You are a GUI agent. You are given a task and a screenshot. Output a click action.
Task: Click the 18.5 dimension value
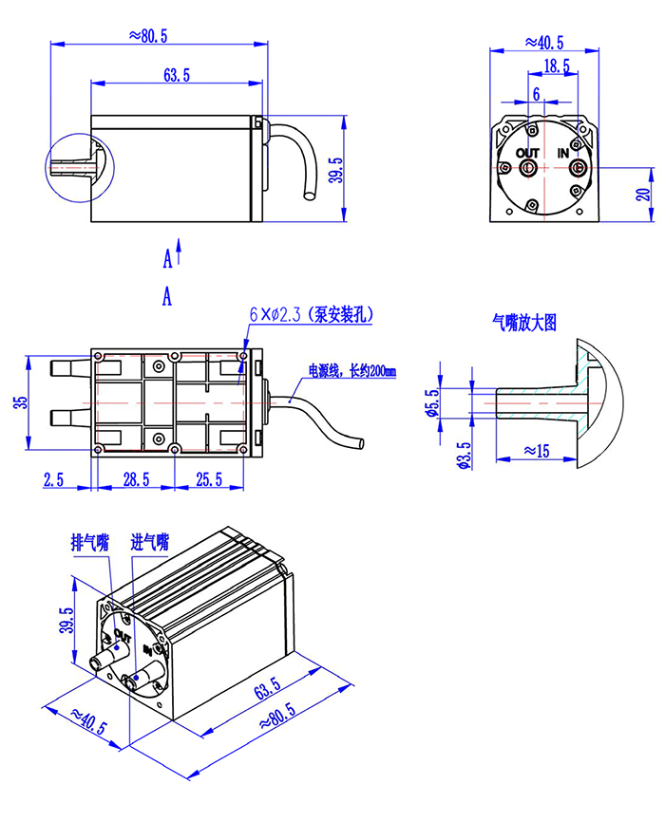[x=556, y=66]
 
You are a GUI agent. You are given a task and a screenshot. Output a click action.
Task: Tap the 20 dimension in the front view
[x=643, y=195]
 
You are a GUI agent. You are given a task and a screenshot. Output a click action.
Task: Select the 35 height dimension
[x=20, y=402]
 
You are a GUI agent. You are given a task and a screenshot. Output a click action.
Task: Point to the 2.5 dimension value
[x=53, y=479]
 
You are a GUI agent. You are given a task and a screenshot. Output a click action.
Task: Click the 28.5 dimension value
[x=136, y=479]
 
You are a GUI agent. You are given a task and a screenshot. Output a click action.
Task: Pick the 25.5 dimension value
[x=209, y=479]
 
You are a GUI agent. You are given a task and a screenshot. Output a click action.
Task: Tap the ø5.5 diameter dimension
[x=432, y=402]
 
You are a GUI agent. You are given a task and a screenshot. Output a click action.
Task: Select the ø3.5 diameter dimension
[x=465, y=455]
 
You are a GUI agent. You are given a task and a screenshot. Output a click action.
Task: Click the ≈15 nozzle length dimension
[x=537, y=450]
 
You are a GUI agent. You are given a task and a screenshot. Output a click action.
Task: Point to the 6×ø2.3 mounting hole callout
[x=311, y=315]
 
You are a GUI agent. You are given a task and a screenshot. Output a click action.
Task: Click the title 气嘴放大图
[x=524, y=323]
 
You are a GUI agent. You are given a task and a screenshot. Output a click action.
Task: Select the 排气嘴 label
[x=90, y=543]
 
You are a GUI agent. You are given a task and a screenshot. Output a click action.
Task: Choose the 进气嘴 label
[x=150, y=543]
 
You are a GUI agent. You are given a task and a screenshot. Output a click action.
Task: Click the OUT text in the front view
[x=527, y=153]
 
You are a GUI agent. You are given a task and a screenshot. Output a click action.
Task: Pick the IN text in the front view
[x=563, y=153]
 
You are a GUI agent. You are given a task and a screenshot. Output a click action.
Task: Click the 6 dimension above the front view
[x=536, y=94]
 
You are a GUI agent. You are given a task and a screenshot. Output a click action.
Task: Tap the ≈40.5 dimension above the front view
[x=544, y=43]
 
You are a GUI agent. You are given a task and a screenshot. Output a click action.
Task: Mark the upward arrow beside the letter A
[x=179, y=252]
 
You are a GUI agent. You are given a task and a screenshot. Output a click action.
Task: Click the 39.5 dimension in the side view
[x=335, y=170]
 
